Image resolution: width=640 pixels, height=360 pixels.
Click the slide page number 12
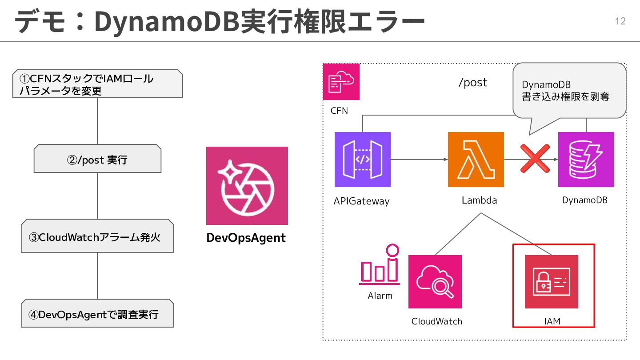(x=620, y=21)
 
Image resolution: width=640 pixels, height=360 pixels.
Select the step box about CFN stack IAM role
(x=97, y=84)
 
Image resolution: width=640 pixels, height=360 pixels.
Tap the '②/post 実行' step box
(x=97, y=159)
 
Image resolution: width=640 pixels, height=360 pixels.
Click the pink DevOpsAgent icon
(x=247, y=186)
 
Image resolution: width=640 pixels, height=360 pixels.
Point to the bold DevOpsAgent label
(x=246, y=238)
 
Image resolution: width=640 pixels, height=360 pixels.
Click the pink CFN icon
(x=341, y=82)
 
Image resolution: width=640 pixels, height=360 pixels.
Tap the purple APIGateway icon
(x=362, y=160)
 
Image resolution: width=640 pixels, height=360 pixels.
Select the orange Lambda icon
(x=476, y=160)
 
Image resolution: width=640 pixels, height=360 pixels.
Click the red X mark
(x=535, y=159)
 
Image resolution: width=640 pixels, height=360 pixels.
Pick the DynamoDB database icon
(x=586, y=160)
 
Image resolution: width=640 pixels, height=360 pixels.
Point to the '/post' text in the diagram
(x=472, y=83)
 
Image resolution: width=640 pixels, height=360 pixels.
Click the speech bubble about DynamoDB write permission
(x=569, y=91)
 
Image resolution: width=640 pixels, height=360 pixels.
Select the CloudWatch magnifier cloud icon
(x=435, y=282)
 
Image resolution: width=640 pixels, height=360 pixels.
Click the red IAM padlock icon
(x=551, y=282)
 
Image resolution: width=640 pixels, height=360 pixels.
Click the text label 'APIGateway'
(x=361, y=201)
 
